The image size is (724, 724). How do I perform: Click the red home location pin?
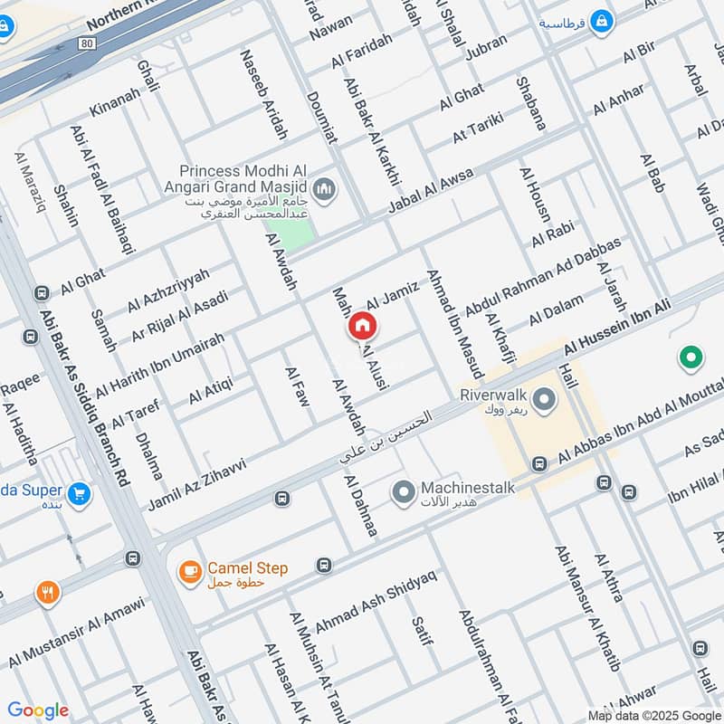(x=362, y=325)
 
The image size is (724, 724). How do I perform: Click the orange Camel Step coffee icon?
(x=189, y=570)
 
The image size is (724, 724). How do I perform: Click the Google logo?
(x=37, y=710)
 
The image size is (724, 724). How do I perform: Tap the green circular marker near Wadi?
(x=692, y=359)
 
